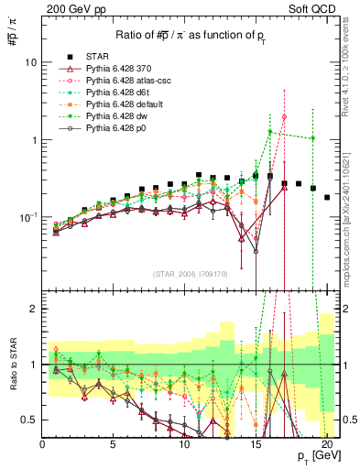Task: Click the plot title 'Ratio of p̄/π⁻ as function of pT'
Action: click(x=184, y=36)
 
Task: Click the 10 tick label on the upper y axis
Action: click(x=29, y=62)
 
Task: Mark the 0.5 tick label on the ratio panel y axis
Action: click(x=27, y=420)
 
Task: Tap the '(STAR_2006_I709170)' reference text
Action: click(x=189, y=274)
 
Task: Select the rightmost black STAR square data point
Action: click(x=327, y=197)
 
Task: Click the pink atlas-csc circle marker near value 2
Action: click(x=284, y=116)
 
